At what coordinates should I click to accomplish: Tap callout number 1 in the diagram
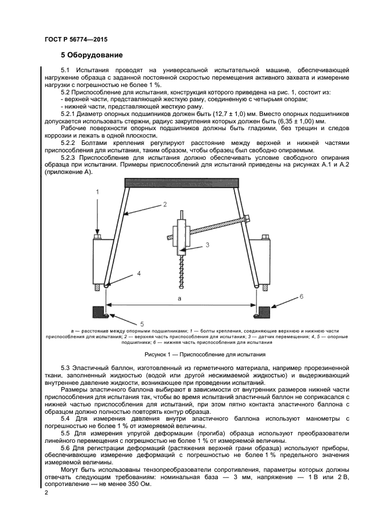[97, 192]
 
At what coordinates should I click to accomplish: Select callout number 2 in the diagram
[164, 203]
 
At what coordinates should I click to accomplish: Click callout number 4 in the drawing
[138, 273]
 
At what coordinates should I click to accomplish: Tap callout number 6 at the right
[301, 297]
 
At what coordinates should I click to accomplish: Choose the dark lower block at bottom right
[264, 312]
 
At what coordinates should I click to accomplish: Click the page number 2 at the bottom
[46, 494]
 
